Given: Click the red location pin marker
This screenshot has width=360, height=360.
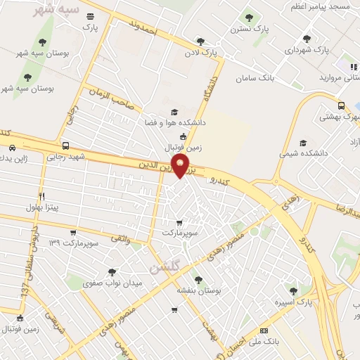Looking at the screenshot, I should tap(181, 166).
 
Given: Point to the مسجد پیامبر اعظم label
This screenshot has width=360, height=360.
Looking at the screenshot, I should tap(326, 6).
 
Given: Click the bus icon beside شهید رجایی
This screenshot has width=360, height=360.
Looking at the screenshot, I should tap(65, 146).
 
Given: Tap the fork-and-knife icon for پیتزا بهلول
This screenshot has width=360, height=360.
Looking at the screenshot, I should tap(41, 196).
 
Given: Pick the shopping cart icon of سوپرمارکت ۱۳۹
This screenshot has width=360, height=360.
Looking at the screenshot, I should tap(73, 233).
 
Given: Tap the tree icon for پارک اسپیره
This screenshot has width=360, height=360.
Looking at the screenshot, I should tap(293, 290).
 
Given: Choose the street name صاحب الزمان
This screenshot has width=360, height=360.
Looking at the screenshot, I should tap(112, 101).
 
